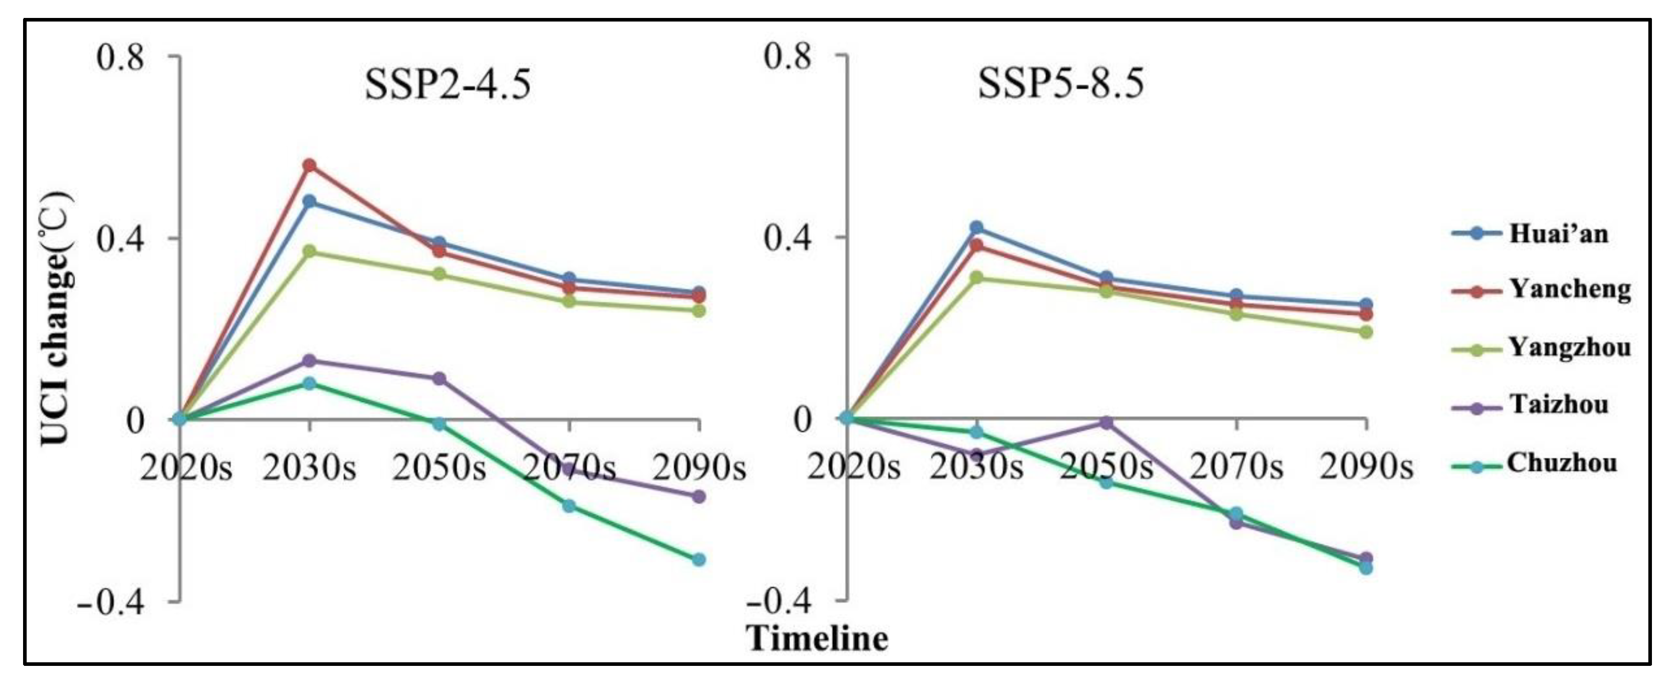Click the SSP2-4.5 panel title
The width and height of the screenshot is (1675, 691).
click(447, 85)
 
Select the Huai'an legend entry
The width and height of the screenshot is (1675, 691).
click(1558, 233)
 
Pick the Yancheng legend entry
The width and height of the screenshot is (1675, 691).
click(1569, 289)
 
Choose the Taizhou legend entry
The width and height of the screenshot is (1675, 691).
click(1559, 404)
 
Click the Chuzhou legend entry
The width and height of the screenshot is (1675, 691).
click(1562, 463)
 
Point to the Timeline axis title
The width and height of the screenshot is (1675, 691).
click(816, 638)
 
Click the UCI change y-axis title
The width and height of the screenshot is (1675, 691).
click(57, 318)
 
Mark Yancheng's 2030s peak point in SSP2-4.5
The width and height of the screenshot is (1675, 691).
click(310, 166)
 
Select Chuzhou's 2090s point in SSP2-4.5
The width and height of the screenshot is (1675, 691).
click(699, 559)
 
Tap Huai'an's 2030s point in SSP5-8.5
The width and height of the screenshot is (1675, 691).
click(976, 228)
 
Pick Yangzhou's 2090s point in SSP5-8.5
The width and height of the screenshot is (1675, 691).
click(1366, 332)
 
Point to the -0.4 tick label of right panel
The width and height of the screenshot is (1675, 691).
click(779, 602)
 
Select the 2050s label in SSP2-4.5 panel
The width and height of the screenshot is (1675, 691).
click(439, 468)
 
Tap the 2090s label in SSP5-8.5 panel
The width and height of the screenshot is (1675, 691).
click(1366, 468)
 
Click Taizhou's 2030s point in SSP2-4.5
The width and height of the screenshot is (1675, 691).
click(310, 360)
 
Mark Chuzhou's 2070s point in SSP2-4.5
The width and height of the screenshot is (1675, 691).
click(569, 505)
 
